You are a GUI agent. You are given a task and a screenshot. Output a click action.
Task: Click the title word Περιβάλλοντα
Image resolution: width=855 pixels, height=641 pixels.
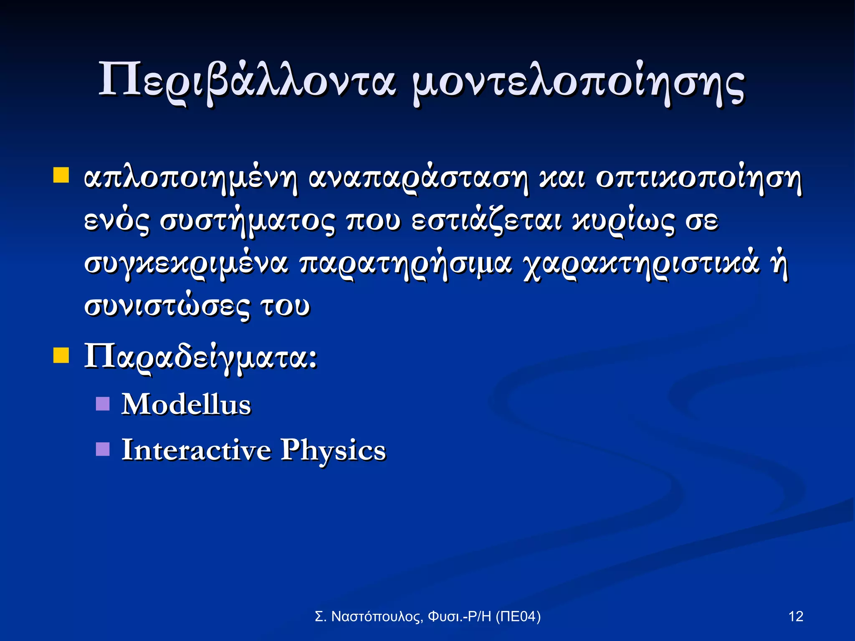pos(246,81)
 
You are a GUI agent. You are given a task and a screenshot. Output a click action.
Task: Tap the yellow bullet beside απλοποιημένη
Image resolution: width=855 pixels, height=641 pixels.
pos(61,176)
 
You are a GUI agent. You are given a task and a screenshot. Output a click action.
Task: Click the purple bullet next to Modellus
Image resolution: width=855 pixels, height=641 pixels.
pos(103,404)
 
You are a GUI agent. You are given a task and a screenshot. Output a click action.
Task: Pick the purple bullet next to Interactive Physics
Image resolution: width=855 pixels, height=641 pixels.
pos(103,449)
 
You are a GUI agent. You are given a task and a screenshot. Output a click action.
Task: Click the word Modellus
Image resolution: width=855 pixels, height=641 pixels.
pos(186,404)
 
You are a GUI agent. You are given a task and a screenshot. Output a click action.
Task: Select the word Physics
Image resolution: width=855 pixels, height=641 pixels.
pos(333,451)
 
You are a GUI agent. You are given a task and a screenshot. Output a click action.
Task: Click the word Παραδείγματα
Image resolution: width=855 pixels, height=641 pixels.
pos(200,357)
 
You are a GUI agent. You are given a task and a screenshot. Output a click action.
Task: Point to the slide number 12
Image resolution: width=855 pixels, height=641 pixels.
pos(796,616)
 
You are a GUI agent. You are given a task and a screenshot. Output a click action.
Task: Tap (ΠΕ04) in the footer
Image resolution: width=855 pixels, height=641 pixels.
pos(518,616)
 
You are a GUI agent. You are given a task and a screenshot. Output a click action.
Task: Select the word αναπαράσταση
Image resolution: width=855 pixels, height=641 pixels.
pos(418,179)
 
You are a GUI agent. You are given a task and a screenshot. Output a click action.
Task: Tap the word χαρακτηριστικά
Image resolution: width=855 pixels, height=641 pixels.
pos(641,265)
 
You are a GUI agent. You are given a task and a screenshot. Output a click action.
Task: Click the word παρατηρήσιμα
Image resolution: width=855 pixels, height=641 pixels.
pos(405,265)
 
